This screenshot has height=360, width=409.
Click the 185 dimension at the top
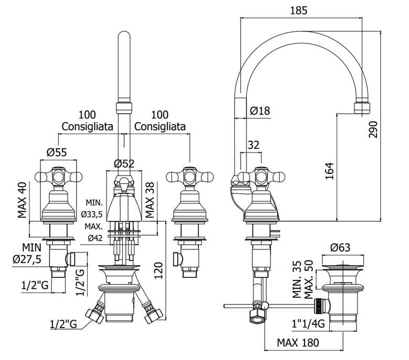[299, 10]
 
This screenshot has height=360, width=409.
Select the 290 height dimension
[373, 129]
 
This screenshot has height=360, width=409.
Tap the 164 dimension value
[329, 171]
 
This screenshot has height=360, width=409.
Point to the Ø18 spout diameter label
[260, 111]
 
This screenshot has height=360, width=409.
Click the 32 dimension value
[254, 145]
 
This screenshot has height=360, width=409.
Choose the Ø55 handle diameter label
[57, 152]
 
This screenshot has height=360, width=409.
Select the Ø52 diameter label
[124, 163]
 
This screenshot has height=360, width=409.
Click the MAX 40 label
[22, 200]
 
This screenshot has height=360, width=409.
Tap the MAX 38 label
[150, 200]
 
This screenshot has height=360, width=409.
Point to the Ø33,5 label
[92, 214]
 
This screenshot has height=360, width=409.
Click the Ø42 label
[95, 238]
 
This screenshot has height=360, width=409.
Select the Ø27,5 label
[27, 259]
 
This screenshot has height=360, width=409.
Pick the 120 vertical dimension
[158, 270]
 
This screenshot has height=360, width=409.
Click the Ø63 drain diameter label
[340, 247]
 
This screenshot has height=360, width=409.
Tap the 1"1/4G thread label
[308, 324]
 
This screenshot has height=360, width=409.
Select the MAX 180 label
[298, 343]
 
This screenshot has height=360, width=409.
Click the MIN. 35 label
[297, 279]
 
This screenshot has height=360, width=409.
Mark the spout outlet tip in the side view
[362, 113]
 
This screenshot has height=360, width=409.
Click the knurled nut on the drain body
[319, 306]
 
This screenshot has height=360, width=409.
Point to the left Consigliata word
[88, 127]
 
